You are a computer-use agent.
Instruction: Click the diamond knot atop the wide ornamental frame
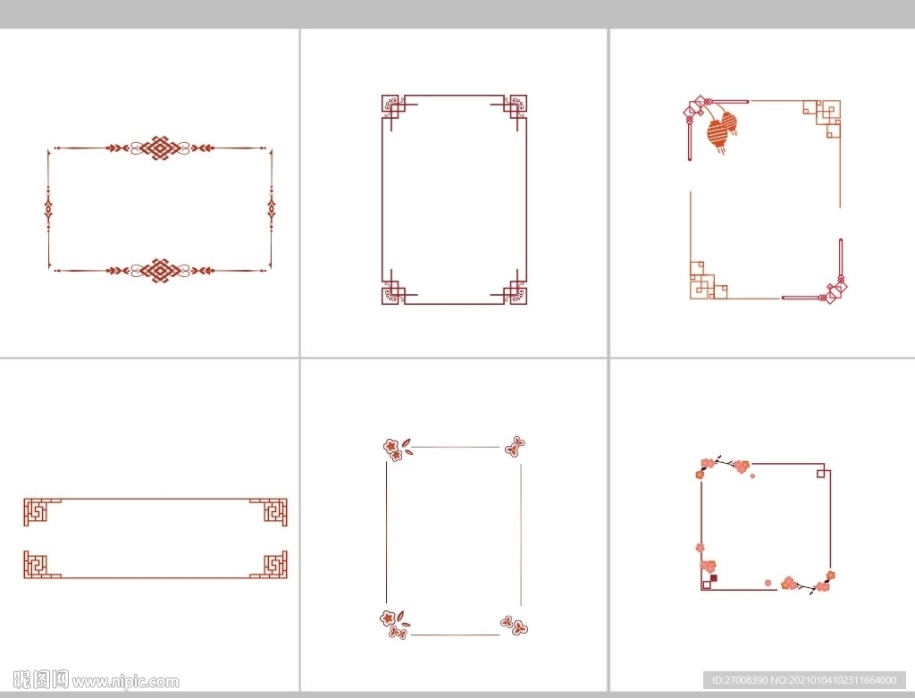click(x=159, y=148)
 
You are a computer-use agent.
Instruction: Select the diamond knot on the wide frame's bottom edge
click(x=159, y=271)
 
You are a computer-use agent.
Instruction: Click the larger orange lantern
click(x=718, y=134)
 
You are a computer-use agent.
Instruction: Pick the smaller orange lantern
click(x=730, y=122)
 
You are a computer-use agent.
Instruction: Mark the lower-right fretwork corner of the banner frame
click(x=272, y=564)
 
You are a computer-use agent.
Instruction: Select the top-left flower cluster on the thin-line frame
click(x=395, y=449)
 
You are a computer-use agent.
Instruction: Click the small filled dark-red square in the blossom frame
click(x=714, y=577)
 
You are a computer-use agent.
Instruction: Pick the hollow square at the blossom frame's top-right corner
click(x=822, y=472)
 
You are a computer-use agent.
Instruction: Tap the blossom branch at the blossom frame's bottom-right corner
click(x=808, y=584)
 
